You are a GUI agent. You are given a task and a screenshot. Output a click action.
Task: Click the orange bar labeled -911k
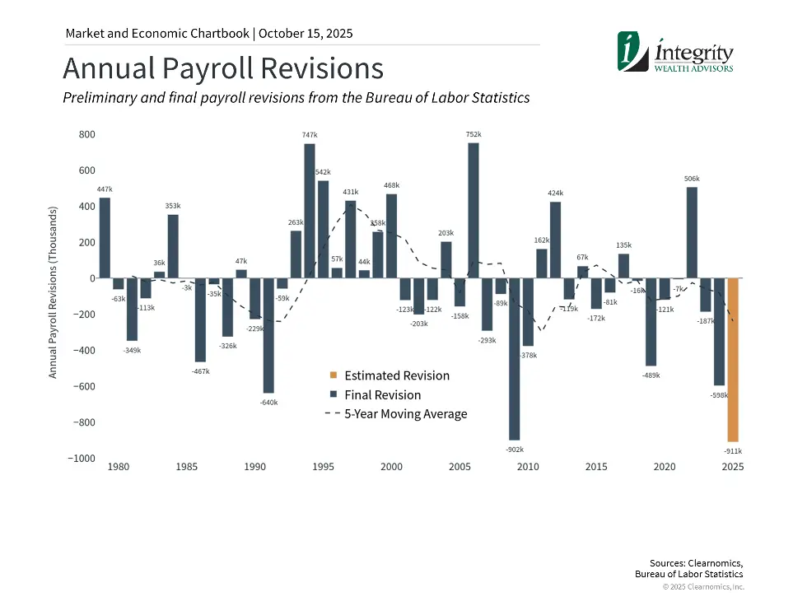[733, 360]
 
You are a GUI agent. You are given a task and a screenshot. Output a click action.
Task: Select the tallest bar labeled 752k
[473, 211]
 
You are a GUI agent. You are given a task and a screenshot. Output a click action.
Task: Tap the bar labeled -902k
[515, 359]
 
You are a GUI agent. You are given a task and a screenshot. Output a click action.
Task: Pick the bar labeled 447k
[105, 238]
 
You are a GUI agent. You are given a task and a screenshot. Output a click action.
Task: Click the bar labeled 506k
[692, 233]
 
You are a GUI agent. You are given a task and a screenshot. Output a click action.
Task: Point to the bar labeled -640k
[268, 336]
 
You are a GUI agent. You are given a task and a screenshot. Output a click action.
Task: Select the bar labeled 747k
[310, 212]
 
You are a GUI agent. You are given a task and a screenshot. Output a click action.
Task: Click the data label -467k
[200, 371]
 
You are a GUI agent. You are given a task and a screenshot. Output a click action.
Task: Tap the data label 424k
[555, 193]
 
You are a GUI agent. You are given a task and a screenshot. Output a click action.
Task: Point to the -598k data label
[719, 395]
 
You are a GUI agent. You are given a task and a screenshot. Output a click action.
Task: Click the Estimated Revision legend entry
[397, 376]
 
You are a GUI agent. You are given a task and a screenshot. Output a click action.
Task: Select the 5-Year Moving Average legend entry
[405, 414]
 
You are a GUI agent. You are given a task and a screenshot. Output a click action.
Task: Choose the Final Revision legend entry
[382, 395]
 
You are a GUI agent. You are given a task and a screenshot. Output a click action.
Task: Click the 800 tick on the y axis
[86, 134]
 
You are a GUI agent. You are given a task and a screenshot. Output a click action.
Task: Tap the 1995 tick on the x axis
[323, 468]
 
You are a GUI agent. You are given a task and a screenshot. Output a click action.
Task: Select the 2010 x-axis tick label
[528, 468]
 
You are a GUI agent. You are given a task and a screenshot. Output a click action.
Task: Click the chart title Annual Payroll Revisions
[223, 68]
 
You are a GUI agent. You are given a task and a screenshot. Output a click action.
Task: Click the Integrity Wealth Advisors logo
[675, 54]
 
